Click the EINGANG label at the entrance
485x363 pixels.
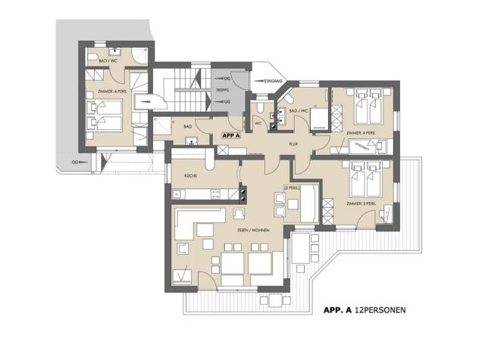coord(274,80)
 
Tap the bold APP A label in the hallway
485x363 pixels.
coord(230,135)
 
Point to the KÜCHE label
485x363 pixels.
coord(192,175)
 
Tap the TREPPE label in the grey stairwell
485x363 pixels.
coord(223,88)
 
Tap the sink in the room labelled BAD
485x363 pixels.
coord(191,139)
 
